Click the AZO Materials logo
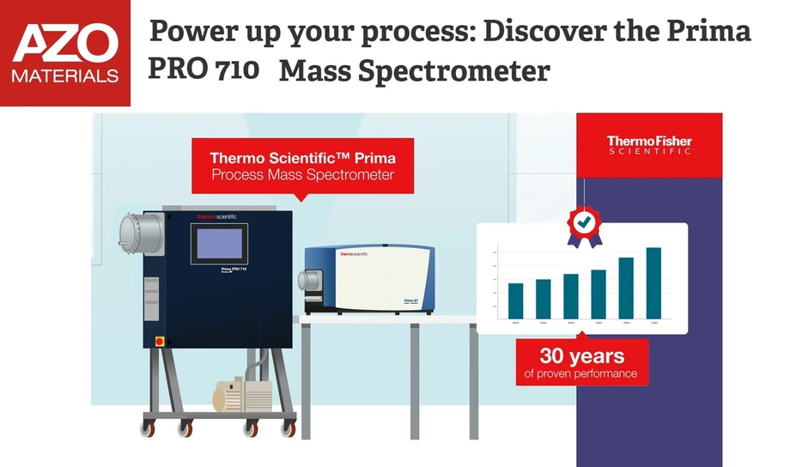(x=65, y=53)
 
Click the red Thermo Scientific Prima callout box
(x=302, y=166)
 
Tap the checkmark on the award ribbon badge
(x=584, y=222)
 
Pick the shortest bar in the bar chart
(x=515, y=300)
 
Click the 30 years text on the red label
(x=581, y=355)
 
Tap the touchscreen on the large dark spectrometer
(x=218, y=242)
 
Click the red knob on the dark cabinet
(x=157, y=341)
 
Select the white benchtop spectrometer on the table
(x=370, y=280)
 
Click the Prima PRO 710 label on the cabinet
(x=228, y=269)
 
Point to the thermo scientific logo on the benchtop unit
(x=354, y=254)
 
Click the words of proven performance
(x=581, y=373)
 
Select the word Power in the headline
(x=192, y=31)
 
